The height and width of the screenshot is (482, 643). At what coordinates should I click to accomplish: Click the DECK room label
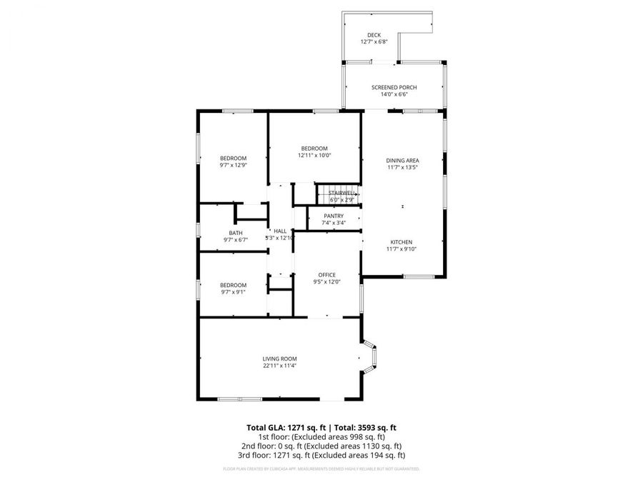coord(374,35)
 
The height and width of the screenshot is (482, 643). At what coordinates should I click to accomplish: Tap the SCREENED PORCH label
coord(394,87)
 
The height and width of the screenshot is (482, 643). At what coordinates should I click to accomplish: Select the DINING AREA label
coord(402,161)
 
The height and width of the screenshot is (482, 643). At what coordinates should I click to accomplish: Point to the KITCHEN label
coord(401,242)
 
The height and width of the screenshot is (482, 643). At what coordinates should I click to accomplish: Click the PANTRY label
coord(334,216)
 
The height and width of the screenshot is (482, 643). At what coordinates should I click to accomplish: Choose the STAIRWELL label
coord(342,193)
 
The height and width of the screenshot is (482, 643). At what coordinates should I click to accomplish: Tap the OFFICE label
coord(327,275)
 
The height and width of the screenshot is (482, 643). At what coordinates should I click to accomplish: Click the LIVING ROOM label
coord(279,358)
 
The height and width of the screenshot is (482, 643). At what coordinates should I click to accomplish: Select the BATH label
coord(236,233)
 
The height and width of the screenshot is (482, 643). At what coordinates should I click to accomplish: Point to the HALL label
coord(280,231)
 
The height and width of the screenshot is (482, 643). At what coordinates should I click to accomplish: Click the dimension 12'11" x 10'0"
coord(314,155)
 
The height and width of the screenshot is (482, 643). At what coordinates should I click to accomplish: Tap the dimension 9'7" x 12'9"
coord(234,165)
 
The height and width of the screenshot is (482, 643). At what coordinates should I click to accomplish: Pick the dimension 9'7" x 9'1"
coord(234,291)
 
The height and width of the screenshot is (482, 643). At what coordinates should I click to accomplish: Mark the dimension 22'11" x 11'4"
coord(279,366)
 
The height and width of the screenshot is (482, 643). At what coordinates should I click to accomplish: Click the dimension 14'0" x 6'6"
coord(394,94)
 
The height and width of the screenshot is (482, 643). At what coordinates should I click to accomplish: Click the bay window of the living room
coord(371,358)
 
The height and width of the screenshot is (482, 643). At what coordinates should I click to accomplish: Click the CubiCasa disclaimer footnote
coord(321,469)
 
